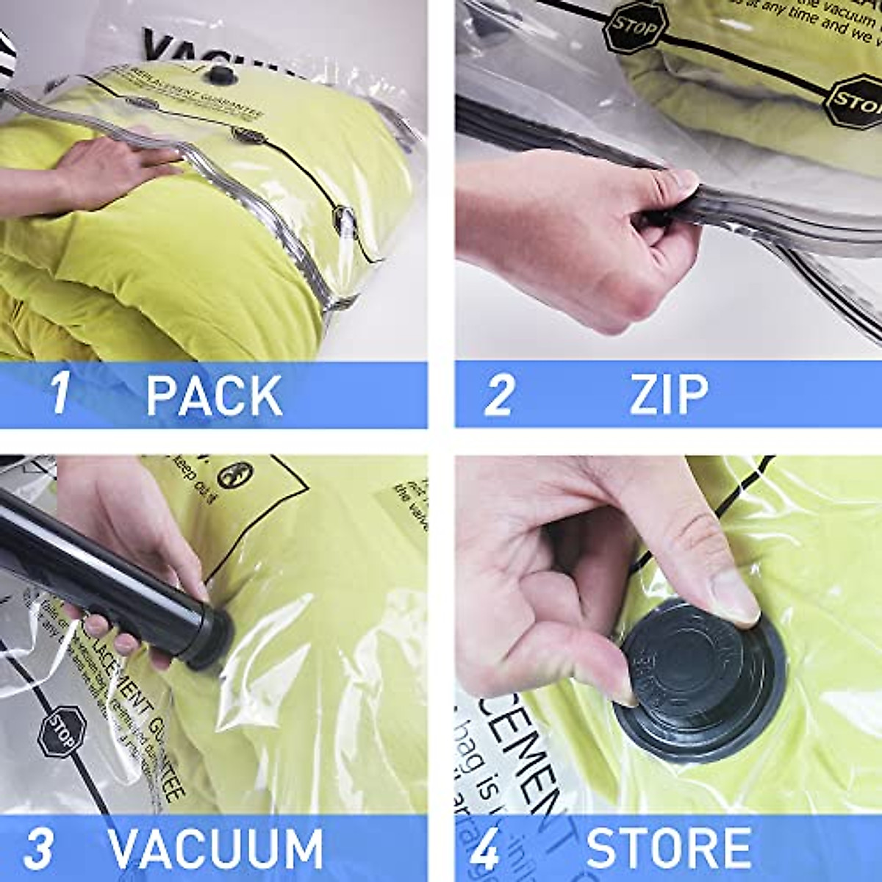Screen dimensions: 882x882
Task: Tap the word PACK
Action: [x=214, y=395]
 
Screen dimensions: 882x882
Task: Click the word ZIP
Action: [x=668, y=395]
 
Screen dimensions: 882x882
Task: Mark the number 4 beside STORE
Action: [x=484, y=849]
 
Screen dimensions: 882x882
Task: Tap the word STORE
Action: [x=668, y=849]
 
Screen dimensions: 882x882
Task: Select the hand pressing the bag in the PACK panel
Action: [x=110, y=165]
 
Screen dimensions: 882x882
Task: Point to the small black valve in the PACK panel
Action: [x=219, y=74]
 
